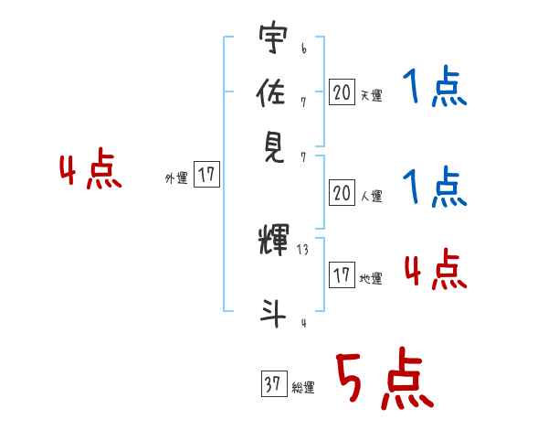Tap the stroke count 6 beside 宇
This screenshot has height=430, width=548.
coord(303,45)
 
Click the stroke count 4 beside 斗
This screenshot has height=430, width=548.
coord(302,322)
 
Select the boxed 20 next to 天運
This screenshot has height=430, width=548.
coord(342,91)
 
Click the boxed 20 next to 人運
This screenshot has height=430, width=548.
coord(342,193)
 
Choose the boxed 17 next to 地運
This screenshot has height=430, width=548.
coord(342,275)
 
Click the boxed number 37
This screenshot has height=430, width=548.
coord(272,385)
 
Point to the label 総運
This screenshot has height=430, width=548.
coord(303,388)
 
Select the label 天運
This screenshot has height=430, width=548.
coord(371,94)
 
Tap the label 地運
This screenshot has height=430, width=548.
coord(371,278)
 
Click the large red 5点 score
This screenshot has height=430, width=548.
coord(383,381)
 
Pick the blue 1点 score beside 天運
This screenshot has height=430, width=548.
coord(434,88)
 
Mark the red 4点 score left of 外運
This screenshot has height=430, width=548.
coord(90,171)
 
